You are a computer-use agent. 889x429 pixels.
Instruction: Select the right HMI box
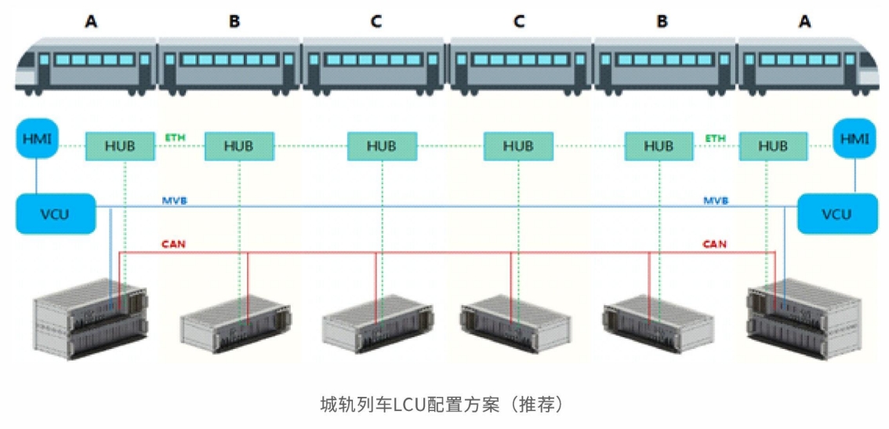[853, 139]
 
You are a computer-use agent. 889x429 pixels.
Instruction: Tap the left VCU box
[56, 213]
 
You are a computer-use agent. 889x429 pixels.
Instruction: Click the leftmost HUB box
[119, 146]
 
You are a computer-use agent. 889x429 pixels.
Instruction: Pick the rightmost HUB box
[773, 146]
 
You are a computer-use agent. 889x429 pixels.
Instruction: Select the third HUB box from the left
[382, 146]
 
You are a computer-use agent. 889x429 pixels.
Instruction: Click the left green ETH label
[175, 138]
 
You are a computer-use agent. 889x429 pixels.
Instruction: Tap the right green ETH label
[715, 138]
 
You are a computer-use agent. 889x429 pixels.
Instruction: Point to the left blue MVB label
[176, 201]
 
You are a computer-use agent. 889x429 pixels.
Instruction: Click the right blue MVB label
[715, 201]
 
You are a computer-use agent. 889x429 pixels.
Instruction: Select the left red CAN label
[173, 245]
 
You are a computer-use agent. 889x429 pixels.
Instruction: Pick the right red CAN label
[714, 245]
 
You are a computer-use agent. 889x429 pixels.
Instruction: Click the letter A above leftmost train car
[92, 21]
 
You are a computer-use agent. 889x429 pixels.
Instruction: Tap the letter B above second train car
[234, 21]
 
